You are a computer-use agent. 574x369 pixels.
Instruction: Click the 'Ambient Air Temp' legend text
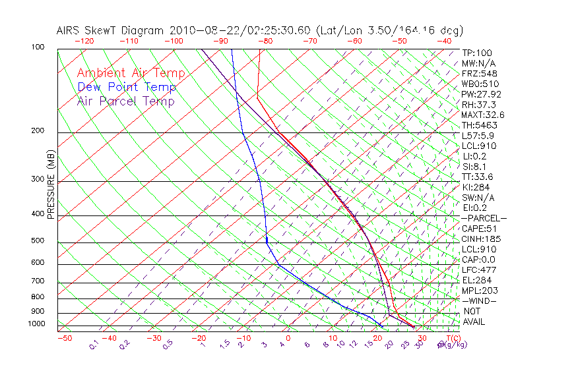[x=131, y=73]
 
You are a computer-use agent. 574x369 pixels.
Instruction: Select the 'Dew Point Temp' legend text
[x=127, y=87]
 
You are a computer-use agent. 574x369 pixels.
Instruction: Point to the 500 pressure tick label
[x=38, y=241]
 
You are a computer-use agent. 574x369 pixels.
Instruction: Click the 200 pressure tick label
[x=38, y=131]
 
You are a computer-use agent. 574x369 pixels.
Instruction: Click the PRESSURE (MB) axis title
[x=50, y=184]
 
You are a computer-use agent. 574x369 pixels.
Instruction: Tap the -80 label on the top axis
[x=265, y=41]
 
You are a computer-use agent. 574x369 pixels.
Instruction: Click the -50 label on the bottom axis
[x=65, y=338]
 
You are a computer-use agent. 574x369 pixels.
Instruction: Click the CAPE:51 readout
[x=479, y=229]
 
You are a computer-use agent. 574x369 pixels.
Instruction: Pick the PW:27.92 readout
[x=482, y=94]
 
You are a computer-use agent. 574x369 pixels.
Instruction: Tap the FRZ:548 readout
[x=479, y=73]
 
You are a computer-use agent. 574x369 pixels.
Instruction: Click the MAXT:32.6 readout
[x=484, y=115]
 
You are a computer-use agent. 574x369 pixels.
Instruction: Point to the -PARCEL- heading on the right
[x=484, y=218]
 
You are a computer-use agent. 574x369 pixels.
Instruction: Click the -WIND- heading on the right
[x=479, y=300]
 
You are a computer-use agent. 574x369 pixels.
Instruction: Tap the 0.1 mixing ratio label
[x=94, y=344]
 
